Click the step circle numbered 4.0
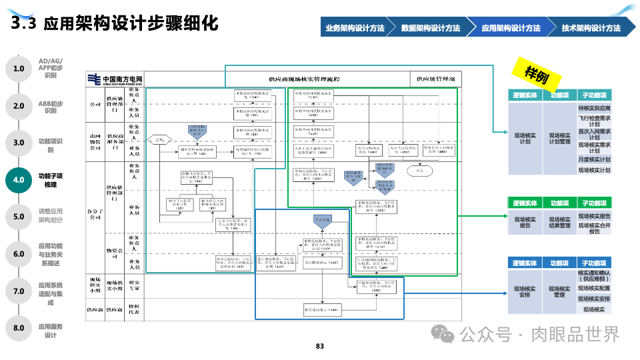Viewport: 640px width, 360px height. pyautogui.click(x=19, y=179)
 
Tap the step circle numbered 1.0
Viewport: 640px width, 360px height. pyautogui.click(x=19, y=68)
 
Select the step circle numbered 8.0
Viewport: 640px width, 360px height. pyautogui.click(x=19, y=327)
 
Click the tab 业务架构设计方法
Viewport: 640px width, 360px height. pyautogui.click(x=355, y=28)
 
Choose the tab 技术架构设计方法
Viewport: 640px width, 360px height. pyautogui.click(x=591, y=28)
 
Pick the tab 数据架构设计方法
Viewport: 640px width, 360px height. pyautogui.click(x=431, y=28)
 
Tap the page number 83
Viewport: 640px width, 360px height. pyautogui.click(x=319, y=346)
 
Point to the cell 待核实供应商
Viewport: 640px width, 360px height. pyautogui.click(x=594, y=108)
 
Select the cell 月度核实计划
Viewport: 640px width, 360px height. pyautogui.click(x=594, y=160)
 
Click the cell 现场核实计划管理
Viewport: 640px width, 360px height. pyautogui.click(x=559, y=137)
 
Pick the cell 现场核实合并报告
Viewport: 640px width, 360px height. pyautogui.click(x=594, y=227)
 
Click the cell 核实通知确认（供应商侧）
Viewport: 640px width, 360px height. pyautogui.click(x=594, y=275)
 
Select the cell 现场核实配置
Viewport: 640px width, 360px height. pyautogui.click(x=594, y=288)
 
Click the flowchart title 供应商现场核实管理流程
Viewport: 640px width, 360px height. pyautogui.click(x=303, y=79)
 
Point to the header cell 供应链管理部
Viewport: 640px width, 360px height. pyautogui.click(x=435, y=79)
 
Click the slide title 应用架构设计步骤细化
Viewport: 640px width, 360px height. pyautogui.click(x=130, y=25)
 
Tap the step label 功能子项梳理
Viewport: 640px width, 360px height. pyautogui.click(x=51, y=179)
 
